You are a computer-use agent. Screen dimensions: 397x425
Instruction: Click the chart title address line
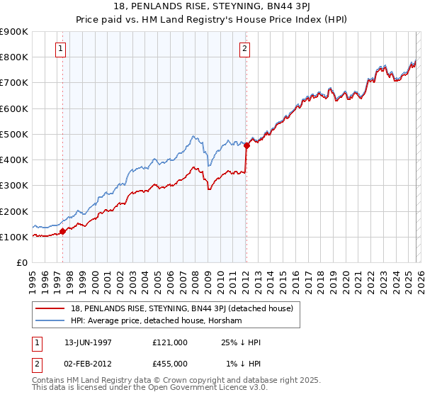pyautogui.click(x=212, y=6)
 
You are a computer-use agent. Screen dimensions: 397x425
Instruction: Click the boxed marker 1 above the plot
pyautogui.click(x=62, y=49)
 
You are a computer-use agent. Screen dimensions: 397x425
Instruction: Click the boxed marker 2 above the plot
pyautogui.click(x=244, y=49)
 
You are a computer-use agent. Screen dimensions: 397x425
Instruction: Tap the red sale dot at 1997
pyautogui.click(x=62, y=230)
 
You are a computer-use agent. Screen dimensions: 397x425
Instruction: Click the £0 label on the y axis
pyautogui.click(x=21, y=262)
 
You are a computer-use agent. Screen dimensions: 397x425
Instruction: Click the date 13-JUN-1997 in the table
pyautogui.click(x=88, y=342)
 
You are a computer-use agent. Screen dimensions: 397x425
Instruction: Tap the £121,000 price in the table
pyautogui.click(x=169, y=342)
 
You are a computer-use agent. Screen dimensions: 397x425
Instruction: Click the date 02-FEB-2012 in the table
pyautogui.click(x=88, y=364)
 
